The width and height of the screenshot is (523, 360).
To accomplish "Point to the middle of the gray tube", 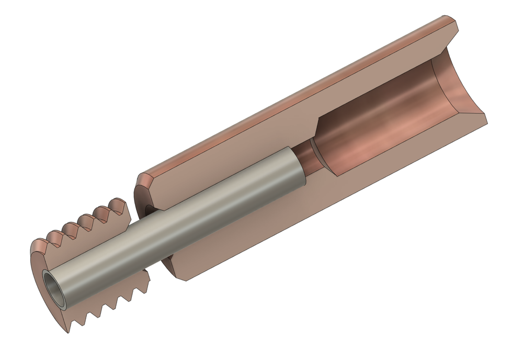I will [x=178, y=225].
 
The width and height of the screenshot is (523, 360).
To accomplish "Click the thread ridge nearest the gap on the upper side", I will [x=120, y=205].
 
